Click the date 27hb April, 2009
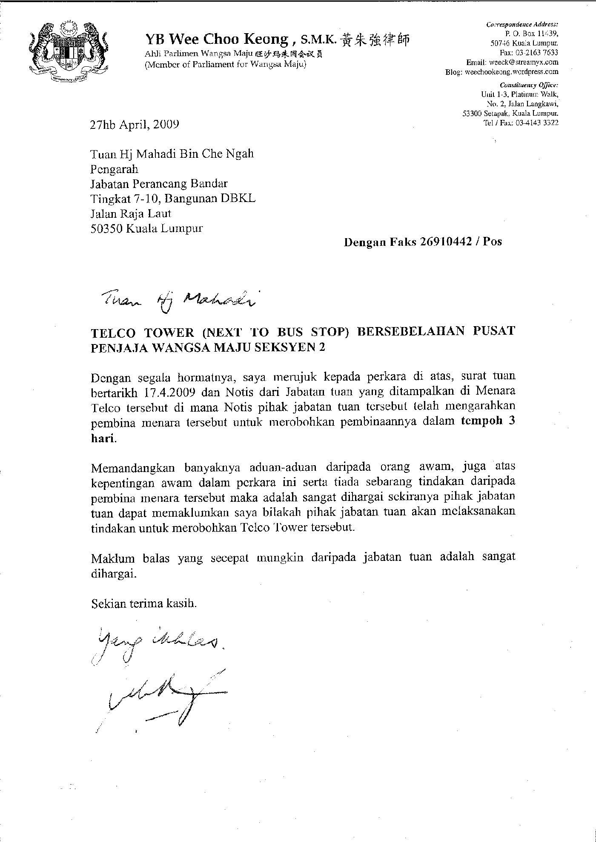(x=135, y=124)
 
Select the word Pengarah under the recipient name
(x=115, y=169)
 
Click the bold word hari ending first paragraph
(x=103, y=439)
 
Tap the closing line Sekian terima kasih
(x=144, y=603)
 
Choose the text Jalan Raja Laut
(x=131, y=213)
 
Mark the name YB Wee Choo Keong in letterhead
(x=217, y=40)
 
